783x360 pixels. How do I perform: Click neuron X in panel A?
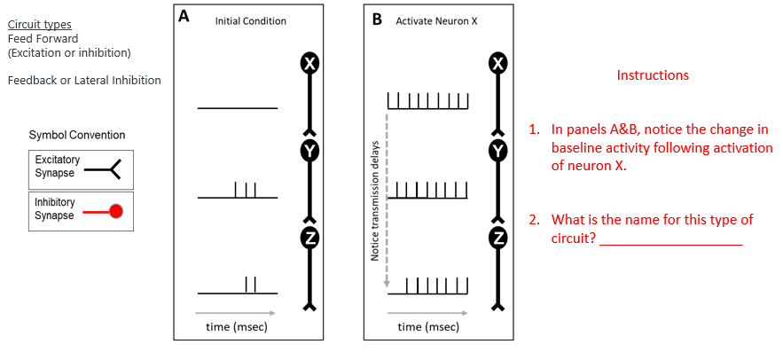tap(309, 64)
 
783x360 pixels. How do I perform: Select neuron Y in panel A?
tap(309, 151)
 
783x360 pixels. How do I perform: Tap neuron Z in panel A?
tap(309, 238)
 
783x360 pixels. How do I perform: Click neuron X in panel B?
tap(499, 64)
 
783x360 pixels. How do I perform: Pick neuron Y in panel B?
tap(499, 151)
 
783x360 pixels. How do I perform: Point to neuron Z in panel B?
tap(499, 238)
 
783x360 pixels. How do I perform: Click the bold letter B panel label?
tap(377, 20)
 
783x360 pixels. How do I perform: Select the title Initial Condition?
tap(251, 21)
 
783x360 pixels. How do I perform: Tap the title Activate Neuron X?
tap(436, 21)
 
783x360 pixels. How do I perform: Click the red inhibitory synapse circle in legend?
tap(114, 212)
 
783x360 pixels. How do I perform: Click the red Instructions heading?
tap(652, 75)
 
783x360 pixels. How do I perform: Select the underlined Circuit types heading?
tap(40, 24)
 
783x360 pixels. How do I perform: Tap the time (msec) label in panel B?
tap(428, 327)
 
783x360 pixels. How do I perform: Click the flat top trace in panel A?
tap(238, 108)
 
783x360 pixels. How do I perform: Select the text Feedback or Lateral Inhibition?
tap(84, 81)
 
